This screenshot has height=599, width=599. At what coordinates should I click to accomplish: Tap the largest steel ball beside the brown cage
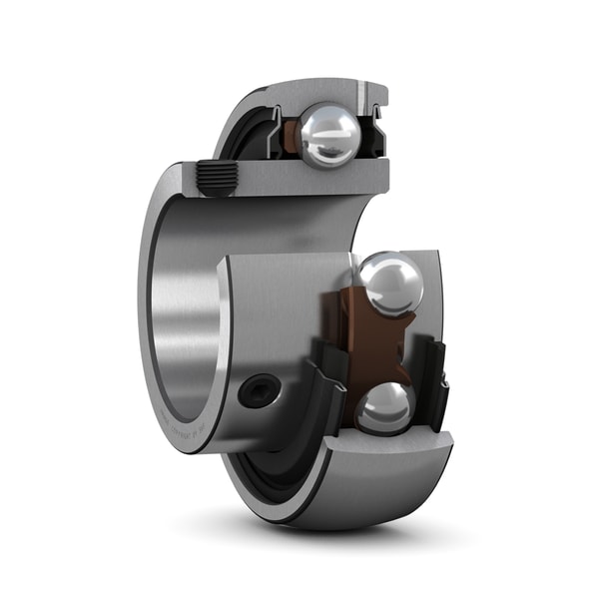[390, 283]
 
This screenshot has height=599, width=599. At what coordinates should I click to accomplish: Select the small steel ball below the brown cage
[384, 407]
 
